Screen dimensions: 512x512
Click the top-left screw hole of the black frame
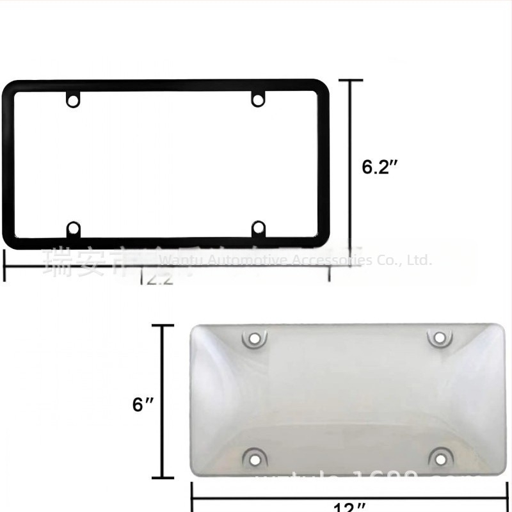[74, 100]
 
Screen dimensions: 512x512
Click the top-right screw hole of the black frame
[257, 100]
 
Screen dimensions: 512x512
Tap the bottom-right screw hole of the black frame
[258, 228]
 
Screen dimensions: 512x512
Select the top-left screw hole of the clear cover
[253, 338]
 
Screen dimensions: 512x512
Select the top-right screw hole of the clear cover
[438, 338]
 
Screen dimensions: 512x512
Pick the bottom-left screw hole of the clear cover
[254, 457]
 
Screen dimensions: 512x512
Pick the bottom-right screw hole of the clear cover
[438, 457]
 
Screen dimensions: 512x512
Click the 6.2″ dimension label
[380, 167]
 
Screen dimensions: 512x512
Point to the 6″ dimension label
[143, 404]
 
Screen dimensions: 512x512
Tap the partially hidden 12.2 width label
[157, 280]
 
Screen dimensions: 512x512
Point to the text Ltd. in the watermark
[420, 260]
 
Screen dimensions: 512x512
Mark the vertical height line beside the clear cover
[163, 402]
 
